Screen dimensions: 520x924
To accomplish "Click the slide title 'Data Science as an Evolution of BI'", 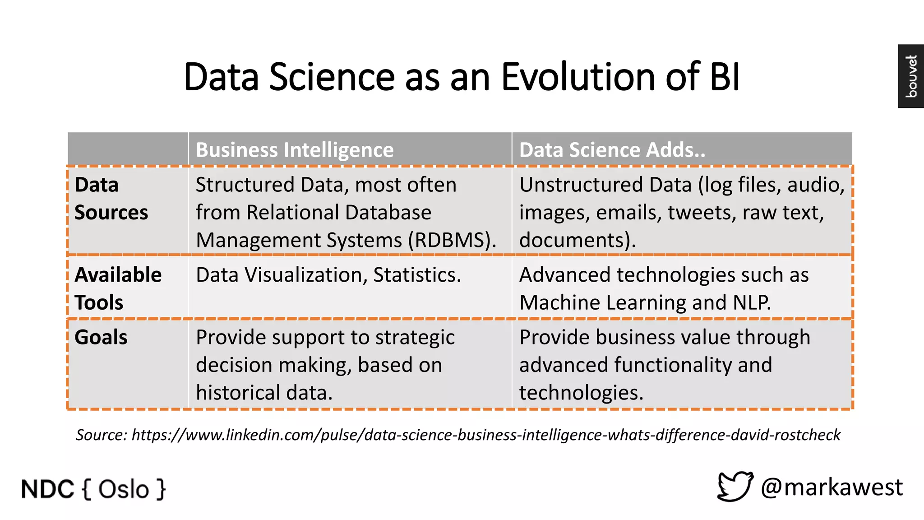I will coord(462,77).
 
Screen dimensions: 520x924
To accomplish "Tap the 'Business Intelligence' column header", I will coord(295,150).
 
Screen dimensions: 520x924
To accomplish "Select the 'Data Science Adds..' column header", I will coord(612,150).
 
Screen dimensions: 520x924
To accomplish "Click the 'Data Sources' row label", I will coord(111,199).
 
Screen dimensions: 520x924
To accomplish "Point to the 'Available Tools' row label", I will coord(118,288).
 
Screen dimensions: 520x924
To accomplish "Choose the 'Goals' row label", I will coord(101,337).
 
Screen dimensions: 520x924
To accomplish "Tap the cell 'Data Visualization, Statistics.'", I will coord(328,275).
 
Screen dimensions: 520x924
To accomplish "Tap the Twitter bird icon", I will coord(735,487).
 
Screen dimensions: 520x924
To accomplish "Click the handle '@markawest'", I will coord(832,487).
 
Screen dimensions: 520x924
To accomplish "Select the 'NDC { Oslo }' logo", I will coord(93,489).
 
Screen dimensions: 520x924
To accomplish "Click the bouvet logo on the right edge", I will coord(911,76).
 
